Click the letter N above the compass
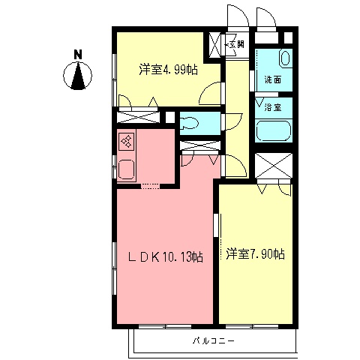78,55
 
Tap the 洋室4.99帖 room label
167,70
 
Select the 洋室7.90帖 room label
255,254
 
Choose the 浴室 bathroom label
274,107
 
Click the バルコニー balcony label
213,341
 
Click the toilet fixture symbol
189,123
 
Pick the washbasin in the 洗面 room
286,58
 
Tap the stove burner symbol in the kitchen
126,142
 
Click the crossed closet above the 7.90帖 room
271,166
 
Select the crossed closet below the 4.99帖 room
138,118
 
